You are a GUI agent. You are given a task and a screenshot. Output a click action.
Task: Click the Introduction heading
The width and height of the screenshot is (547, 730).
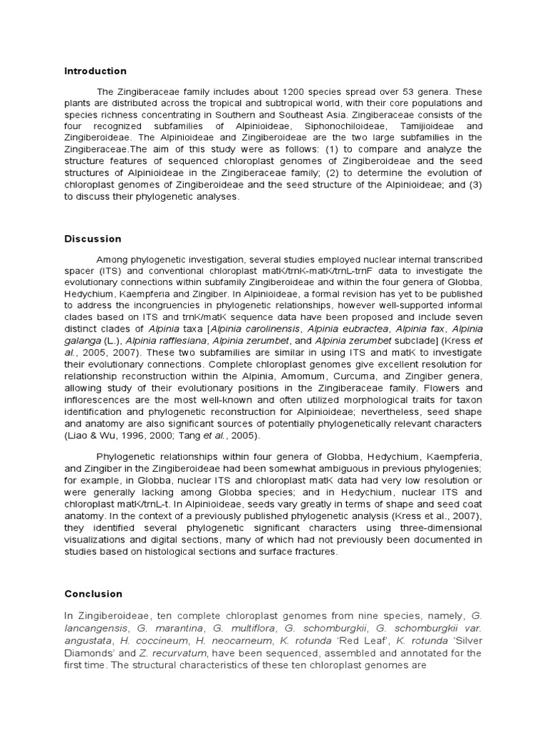click(x=95, y=71)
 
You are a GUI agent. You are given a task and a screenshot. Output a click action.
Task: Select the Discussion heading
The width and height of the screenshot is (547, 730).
click(x=93, y=239)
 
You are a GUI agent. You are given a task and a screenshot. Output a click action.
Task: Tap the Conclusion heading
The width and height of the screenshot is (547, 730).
click(x=93, y=594)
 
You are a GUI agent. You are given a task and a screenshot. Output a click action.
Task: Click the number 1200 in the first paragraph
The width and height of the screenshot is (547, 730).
click(x=297, y=92)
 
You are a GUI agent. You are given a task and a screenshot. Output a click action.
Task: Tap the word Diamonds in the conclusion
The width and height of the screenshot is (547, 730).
click(x=86, y=652)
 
